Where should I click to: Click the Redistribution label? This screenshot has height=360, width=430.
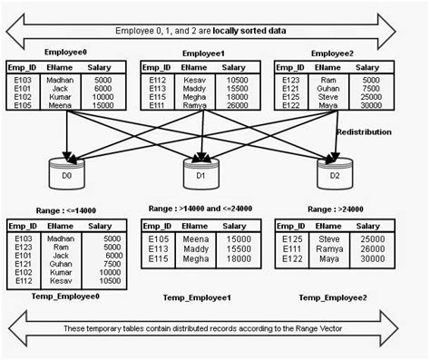(364, 131)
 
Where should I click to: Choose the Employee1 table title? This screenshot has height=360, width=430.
(203, 54)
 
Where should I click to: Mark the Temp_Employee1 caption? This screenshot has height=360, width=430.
(197, 297)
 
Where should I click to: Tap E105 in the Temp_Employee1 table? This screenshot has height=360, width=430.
(157, 239)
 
